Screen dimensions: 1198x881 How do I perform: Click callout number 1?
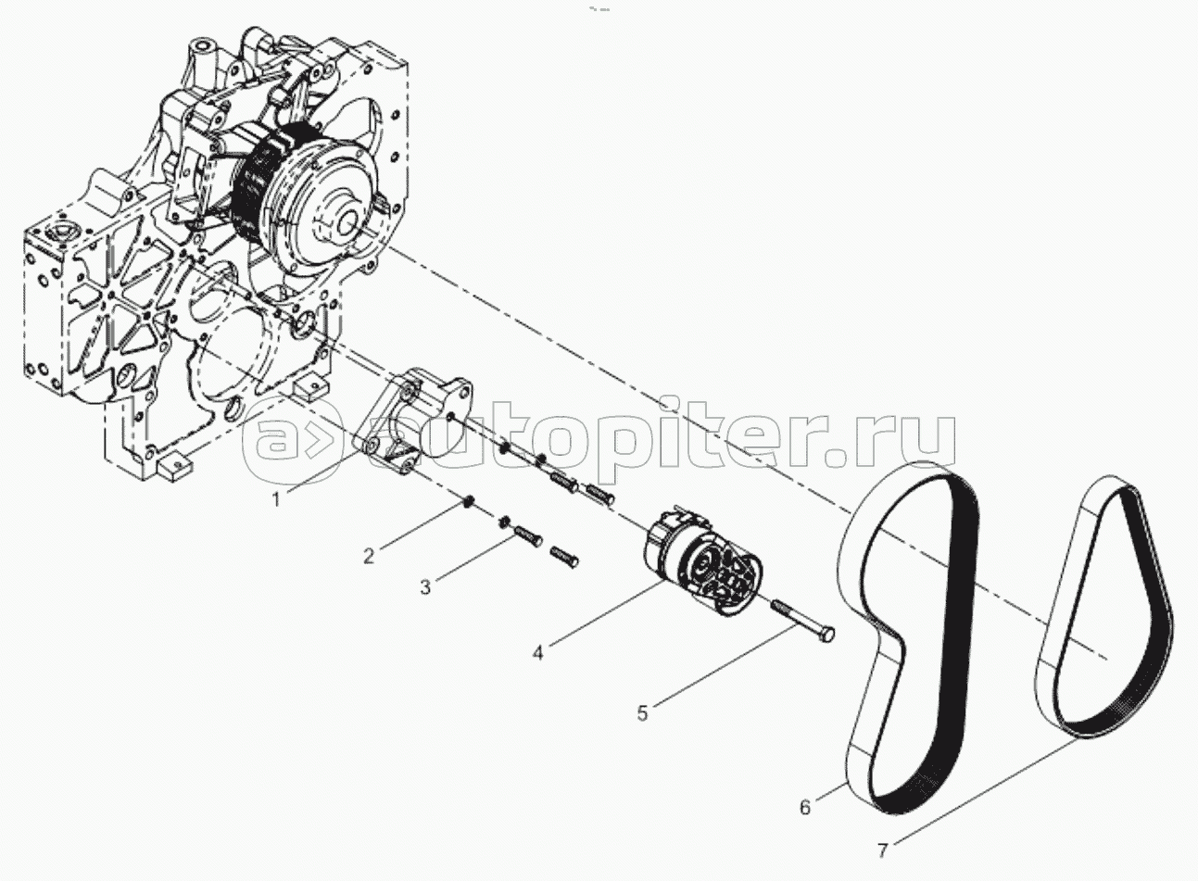click(x=276, y=500)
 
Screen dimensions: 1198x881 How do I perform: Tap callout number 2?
click(x=369, y=557)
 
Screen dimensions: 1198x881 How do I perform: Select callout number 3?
click(x=425, y=587)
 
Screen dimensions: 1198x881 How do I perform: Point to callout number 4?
click(x=537, y=652)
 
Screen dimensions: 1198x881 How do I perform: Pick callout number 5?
click(x=642, y=713)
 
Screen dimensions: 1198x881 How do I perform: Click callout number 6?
click(x=805, y=807)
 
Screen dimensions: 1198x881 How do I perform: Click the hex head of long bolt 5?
click(x=826, y=636)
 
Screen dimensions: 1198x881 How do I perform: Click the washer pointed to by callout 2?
click(x=469, y=502)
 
